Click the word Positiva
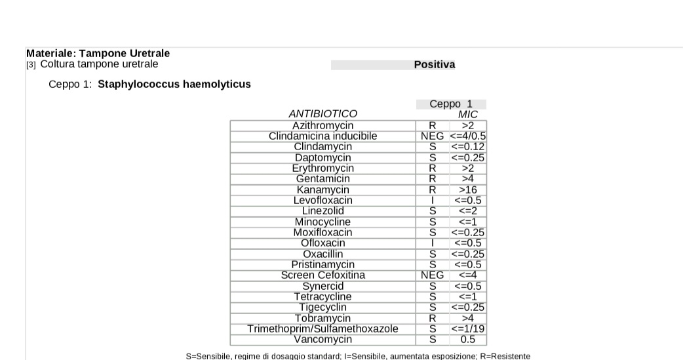click(434, 64)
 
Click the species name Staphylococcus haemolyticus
click(174, 84)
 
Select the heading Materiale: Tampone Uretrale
click(98, 53)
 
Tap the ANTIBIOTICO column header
click(322, 114)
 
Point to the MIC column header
click(468, 114)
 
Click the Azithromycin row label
click(322, 125)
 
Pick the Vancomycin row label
click(322, 340)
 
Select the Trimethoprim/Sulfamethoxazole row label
click(322, 329)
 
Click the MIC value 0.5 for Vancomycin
click(468, 340)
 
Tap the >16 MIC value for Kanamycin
click(468, 190)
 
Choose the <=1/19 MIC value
click(468, 329)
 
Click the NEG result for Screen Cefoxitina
click(433, 275)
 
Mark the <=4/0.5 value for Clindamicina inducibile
click(468, 136)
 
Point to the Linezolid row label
click(322, 211)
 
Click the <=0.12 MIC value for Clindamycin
click(468, 147)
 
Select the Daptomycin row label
click(322, 157)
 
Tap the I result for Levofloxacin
click(433, 200)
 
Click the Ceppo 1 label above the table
click(451, 104)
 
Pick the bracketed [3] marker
click(31, 64)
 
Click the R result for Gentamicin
click(433, 179)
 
